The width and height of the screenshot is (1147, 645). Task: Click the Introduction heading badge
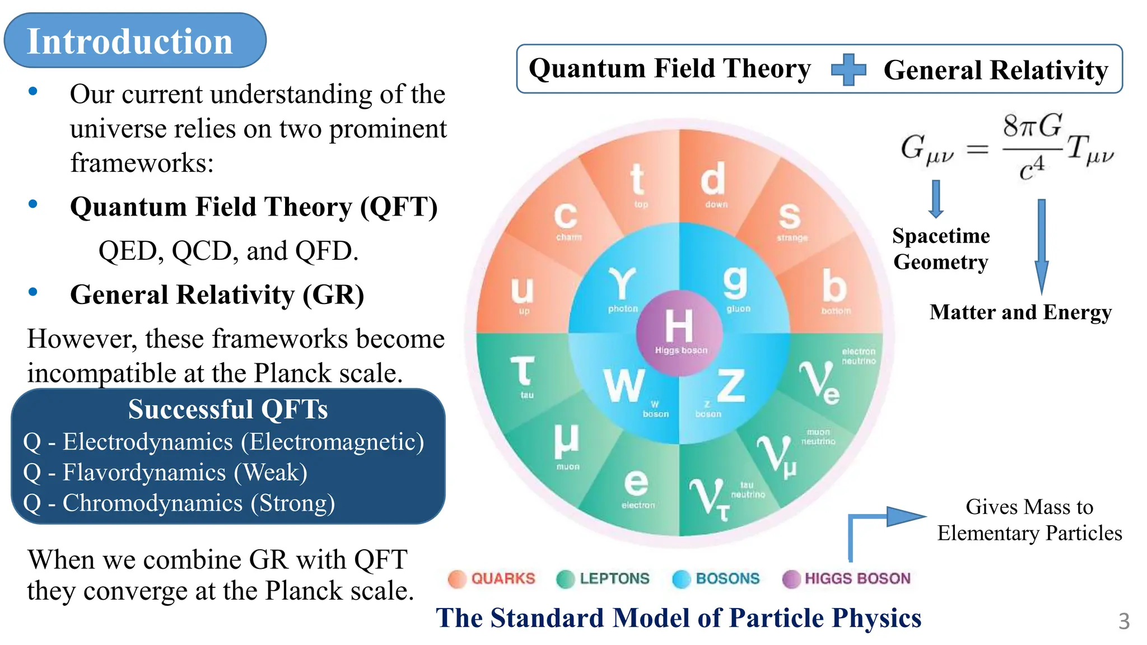pos(134,41)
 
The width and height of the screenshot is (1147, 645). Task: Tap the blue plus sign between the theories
pos(848,70)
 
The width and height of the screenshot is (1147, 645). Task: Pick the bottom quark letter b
pos(834,286)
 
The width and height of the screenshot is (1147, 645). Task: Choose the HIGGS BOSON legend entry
pos(846,578)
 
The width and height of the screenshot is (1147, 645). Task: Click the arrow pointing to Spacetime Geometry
pos(935,199)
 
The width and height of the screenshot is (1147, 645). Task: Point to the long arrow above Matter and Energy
pos(1041,246)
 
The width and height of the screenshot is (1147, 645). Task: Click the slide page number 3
pos(1123,621)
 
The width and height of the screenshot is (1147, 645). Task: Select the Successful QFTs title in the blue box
pos(227,409)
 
